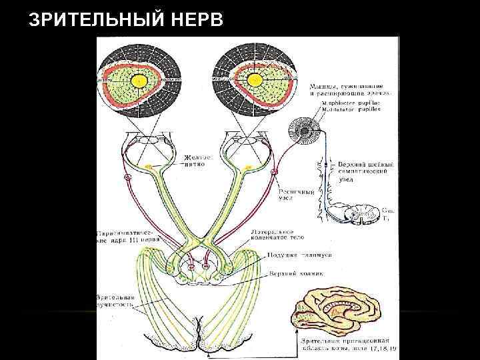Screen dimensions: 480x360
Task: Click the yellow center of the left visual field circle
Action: tap(139, 81)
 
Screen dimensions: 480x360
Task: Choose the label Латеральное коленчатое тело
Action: tap(278, 237)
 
